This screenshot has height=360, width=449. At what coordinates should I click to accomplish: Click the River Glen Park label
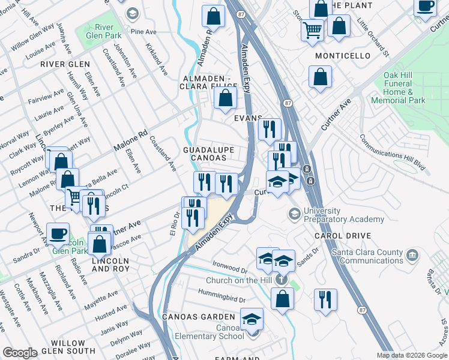pos(100,32)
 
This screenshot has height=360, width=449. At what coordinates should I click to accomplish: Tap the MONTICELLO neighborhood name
pos(343,56)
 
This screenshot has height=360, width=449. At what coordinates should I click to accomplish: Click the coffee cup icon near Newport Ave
pos(58,233)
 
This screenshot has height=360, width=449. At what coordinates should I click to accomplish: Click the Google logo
pos(20,353)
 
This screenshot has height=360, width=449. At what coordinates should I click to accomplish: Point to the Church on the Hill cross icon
pos(279,281)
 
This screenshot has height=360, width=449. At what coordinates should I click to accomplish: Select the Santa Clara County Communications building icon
pos(412,256)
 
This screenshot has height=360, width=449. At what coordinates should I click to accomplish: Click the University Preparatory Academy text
pos(344,215)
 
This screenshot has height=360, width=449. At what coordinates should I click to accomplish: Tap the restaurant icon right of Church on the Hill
pos(325,300)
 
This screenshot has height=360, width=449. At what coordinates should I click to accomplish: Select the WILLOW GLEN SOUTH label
pos(64,347)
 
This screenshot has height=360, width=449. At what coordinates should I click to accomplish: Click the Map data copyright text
pos(412,355)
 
